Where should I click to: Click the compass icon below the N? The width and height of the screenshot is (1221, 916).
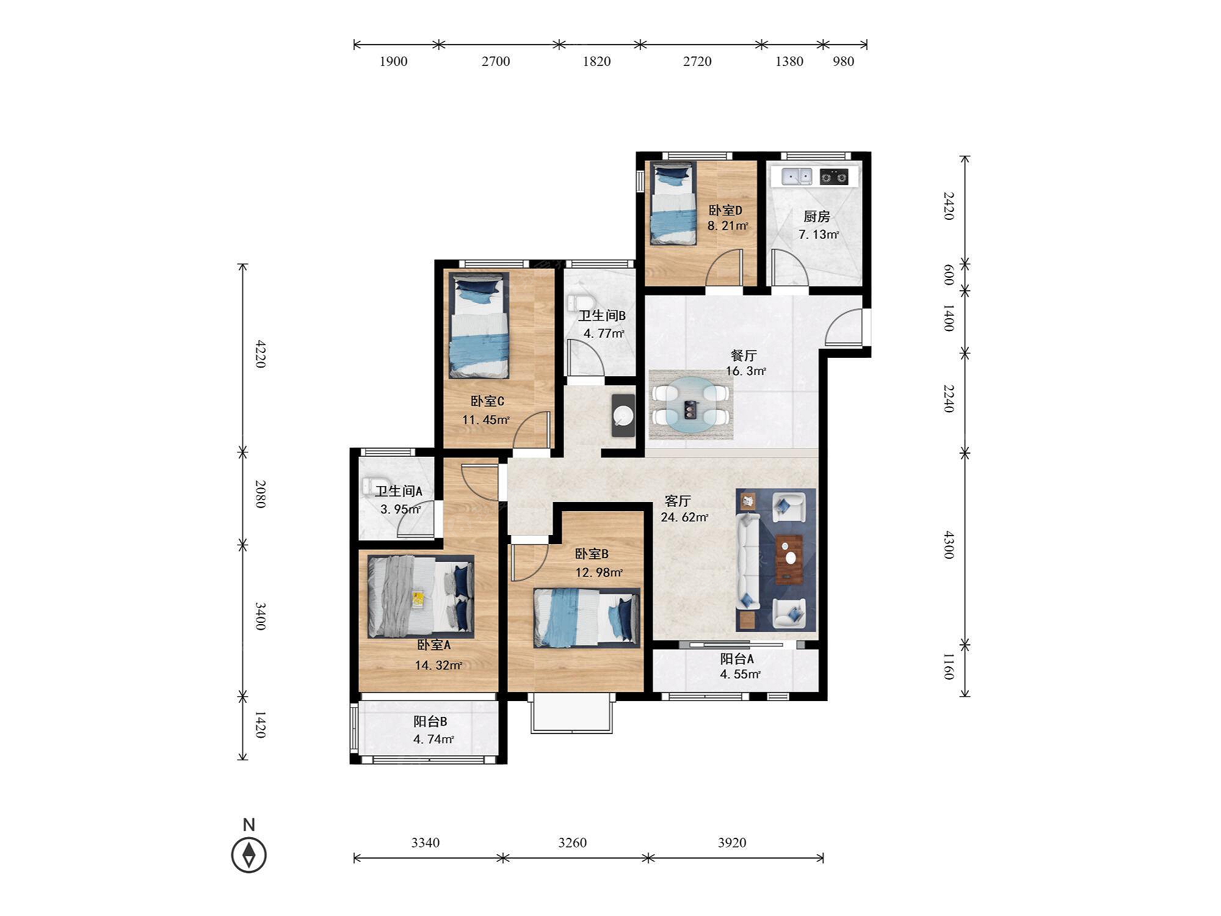click(248, 854)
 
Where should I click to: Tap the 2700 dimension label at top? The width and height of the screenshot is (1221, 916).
click(496, 61)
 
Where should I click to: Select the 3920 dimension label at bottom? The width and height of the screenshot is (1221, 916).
click(732, 843)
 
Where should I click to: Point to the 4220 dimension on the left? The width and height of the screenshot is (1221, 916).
click(261, 354)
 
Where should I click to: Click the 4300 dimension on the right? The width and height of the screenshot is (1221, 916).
click(948, 544)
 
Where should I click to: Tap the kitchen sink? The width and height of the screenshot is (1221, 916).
click(797, 176)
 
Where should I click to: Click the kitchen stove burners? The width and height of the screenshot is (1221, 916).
click(834, 177)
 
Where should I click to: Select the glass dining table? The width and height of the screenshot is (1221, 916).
click(690, 405)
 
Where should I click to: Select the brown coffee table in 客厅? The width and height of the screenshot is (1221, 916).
click(789, 559)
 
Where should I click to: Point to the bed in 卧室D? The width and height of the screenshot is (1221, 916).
click(673, 203)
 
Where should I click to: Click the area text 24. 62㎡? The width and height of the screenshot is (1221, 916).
click(684, 518)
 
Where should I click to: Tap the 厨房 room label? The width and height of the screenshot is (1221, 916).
click(816, 216)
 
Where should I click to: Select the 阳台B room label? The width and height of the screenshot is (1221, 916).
click(430, 721)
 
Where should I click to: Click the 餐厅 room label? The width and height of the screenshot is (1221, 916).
click(744, 355)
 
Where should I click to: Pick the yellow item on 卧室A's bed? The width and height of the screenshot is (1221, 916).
click(418, 598)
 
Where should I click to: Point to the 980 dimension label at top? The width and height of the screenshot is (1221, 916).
click(843, 61)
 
